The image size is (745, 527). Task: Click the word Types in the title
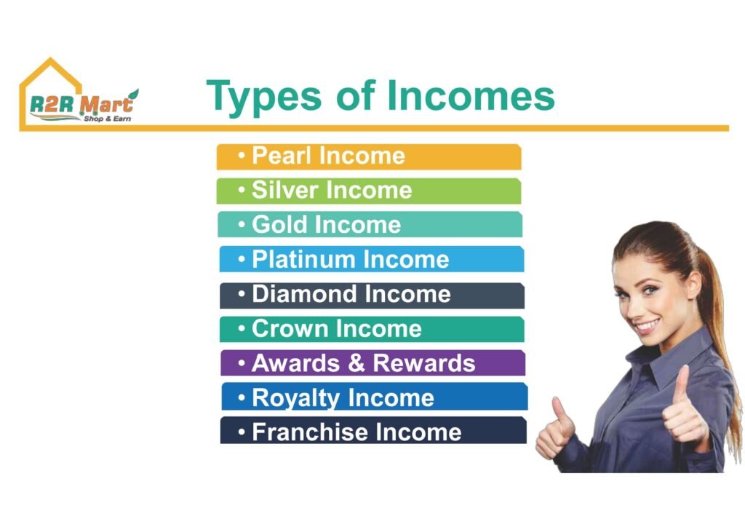point(263,98)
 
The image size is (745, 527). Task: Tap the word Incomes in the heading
point(471,95)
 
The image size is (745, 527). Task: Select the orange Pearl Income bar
point(369,156)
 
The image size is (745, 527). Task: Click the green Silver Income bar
point(369,191)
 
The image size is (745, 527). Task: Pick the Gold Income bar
point(370,224)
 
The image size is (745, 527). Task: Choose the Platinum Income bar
point(372,259)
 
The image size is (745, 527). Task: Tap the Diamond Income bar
point(372,296)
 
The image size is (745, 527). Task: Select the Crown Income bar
point(372,329)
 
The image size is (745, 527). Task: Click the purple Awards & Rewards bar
point(373,363)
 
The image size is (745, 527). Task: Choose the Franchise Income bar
point(373,430)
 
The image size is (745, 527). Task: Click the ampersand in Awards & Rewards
point(356,363)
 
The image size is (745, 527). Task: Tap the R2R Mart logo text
point(81,104)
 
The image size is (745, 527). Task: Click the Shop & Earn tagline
point(108,119)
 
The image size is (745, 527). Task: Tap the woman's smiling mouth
point(648,327)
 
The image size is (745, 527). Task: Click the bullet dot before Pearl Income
point(242,155)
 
